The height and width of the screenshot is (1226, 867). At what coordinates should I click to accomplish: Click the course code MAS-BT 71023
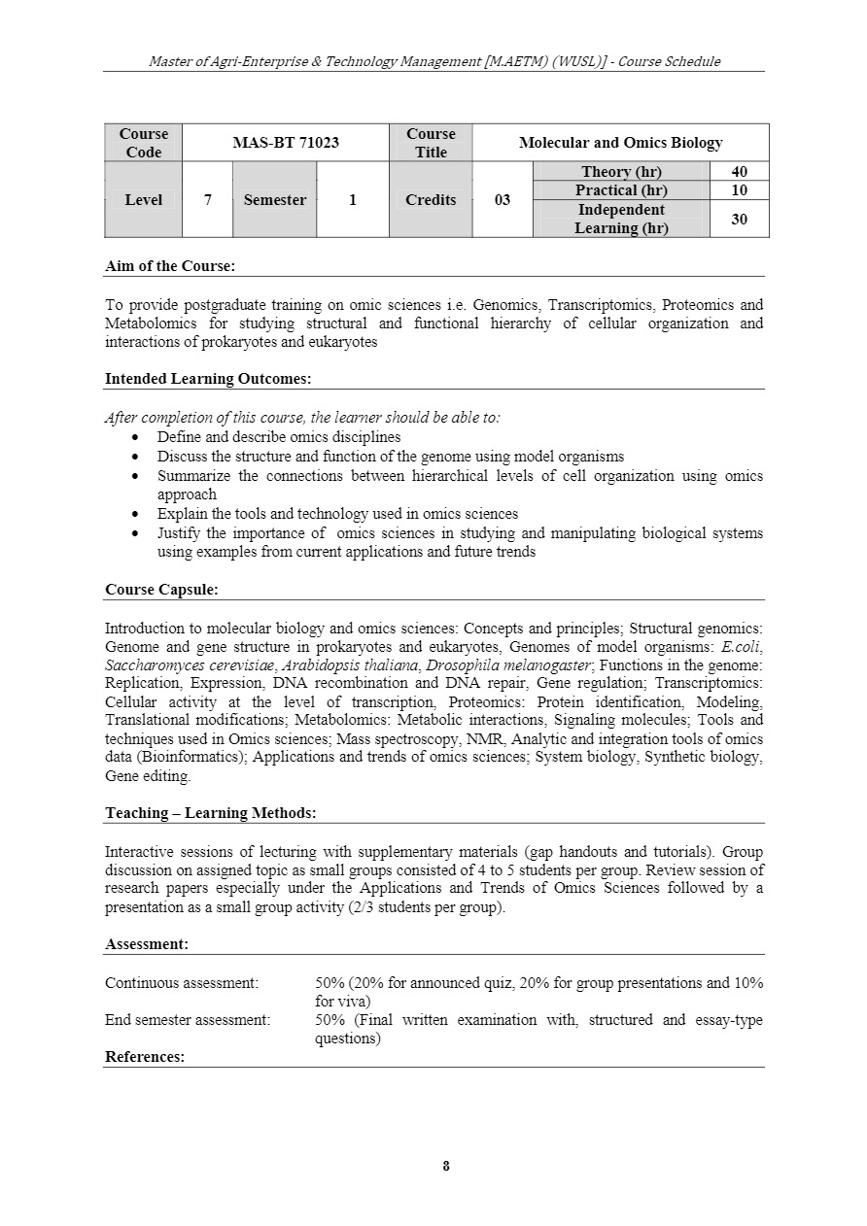pos(286,143)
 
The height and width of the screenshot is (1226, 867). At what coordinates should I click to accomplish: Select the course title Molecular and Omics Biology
pos(620,143)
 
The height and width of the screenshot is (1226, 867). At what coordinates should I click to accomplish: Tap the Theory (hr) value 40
pos(739,172)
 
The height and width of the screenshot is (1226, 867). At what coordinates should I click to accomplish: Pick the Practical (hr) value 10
pos(739,190)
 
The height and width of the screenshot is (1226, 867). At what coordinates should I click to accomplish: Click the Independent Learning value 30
pos(739,220)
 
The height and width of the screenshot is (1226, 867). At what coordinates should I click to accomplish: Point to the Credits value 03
pos(502,200)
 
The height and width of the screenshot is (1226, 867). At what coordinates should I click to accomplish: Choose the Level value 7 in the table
pos(207,200)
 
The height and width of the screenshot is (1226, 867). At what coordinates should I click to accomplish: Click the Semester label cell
pos(274,200)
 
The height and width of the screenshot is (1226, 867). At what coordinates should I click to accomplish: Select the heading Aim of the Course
pos(170,266)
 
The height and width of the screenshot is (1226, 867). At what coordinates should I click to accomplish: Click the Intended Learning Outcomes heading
pos(208,379)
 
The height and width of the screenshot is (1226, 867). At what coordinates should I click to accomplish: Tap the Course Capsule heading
pos(161,590)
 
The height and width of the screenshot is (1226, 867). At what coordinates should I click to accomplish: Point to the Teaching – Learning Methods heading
pos(210,813)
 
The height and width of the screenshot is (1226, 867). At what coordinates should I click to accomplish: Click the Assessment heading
pos(147,944)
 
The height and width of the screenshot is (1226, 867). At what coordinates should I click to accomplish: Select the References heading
pos(145,1057)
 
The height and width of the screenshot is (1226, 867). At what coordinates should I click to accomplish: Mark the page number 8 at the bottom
pos(446,1167)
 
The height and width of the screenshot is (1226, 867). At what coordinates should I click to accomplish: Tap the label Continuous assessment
pos(182,983)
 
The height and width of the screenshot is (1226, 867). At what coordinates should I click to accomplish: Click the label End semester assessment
pos(188,1020)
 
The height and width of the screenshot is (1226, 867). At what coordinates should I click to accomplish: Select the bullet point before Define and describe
pos(135,438)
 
